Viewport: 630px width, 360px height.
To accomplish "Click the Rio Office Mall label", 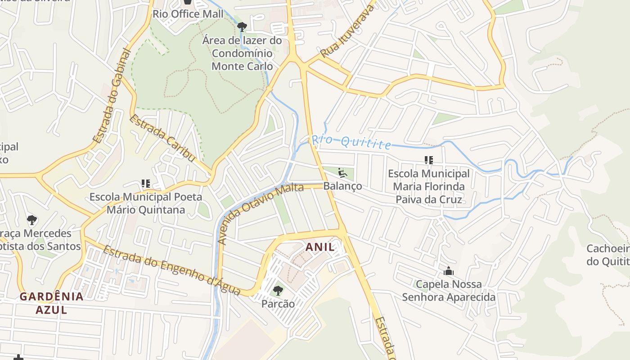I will coord(188,14).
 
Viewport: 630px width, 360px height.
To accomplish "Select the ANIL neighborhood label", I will coord(320,247).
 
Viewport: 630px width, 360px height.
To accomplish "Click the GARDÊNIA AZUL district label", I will coord(51,303).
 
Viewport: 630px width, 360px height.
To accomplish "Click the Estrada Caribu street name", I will coord(162,138).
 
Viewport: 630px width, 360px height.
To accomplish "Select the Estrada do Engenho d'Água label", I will coord(171,270).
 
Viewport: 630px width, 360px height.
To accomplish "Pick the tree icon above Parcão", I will coord(278,291).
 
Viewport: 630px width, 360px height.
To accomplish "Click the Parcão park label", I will coord(278,304).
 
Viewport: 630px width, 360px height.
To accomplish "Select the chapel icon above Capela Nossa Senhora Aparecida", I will coord(448,271).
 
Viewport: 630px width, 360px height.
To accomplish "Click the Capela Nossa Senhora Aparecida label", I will coord(448,291).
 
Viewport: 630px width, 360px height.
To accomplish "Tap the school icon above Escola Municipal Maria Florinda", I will coord(428,160).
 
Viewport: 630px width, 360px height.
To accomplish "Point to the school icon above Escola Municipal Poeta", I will coord(145,184).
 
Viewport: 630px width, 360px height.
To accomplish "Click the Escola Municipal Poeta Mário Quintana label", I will coord(145,203).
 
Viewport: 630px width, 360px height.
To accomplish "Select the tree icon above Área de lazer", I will coord(242,27).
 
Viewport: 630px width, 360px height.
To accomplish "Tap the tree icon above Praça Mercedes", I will coord(31,220).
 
